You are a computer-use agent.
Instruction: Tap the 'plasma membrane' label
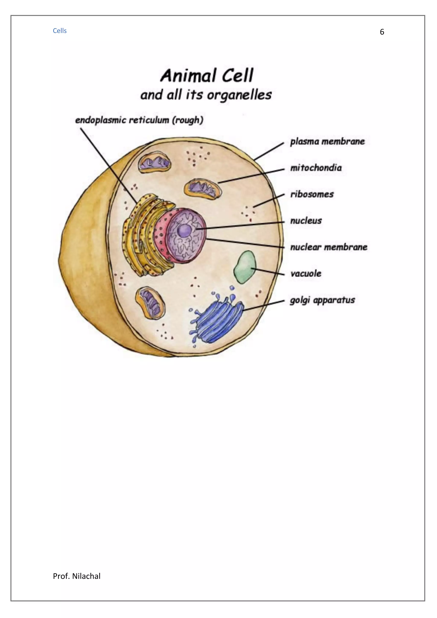point(327,142)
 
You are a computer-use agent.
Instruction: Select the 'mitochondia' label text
point(316,168)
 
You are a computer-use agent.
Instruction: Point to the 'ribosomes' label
point(312,194)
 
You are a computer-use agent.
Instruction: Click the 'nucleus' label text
point(306,221)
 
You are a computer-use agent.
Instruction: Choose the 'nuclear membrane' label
point(328,247)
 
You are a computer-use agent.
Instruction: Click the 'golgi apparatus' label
point(322,300)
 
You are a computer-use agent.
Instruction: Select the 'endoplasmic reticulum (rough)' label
point(139,120)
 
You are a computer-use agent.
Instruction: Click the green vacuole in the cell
point(245,267)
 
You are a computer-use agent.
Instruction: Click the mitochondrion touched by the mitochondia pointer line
point(203,189)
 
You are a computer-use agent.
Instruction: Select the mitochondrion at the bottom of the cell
point(150,303)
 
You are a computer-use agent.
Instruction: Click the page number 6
point(382,32)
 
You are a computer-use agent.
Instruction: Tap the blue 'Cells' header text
point(60,31)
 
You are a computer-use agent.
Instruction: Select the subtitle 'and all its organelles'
point(206,95)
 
